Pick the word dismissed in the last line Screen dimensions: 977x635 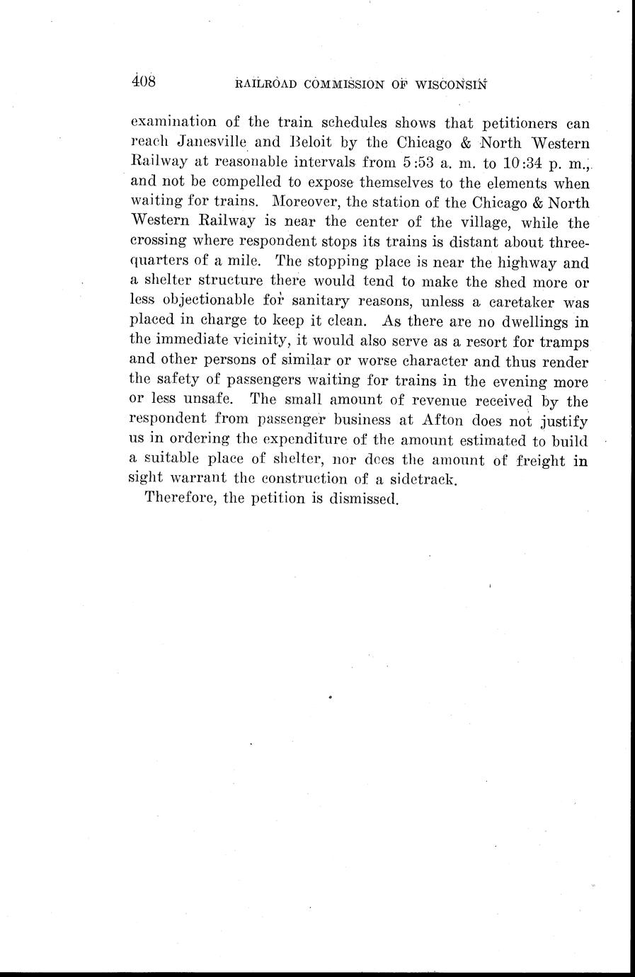365,498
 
